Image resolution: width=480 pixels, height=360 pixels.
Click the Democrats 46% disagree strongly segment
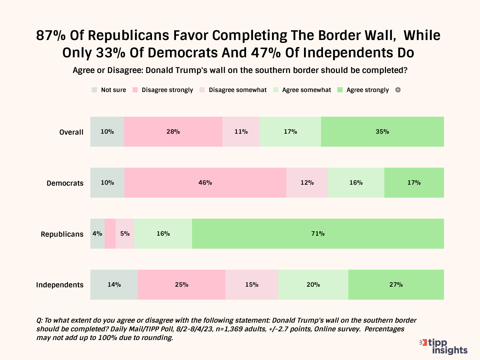pyautogui.click(x=205, y=183)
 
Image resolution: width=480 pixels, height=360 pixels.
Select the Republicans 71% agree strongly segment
pyautogui.click(x=318, y=234)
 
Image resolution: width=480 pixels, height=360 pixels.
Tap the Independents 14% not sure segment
pyautogui.click(x=114, y=285)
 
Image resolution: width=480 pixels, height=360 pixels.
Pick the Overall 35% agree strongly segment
pyautogui.click(x=382, y=132)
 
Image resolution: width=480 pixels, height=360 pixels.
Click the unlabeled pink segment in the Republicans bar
pyautogui.click(x=110, y=234)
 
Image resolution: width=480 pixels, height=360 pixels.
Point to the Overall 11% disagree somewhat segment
pyautogui.click(x=241, y=132)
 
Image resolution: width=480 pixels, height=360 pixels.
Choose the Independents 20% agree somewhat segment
pyautogui.click(x=313, y=285)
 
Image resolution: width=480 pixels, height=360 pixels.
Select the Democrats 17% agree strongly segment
pyautogui.click(x=414, y=183)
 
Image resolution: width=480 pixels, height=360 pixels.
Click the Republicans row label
pyautogui.click(x=62, y=234)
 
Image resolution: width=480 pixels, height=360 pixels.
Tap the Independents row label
pyautogui.click(x=60, y=285)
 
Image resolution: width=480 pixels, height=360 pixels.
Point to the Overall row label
pyautogui.click(x=71, y=132)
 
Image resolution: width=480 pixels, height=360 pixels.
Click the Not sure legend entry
pyautogui.click(x=109, y=90)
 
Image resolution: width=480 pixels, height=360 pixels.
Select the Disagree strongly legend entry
pyautogui.click(x=163, y=90)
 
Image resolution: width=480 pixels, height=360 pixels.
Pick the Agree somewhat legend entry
pyautogui.click(x=302, y=90)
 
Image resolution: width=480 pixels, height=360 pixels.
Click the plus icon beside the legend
pyautogui.click(x=398, y=90)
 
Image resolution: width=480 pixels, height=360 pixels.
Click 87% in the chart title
pyautogui.click(x=51, y=35)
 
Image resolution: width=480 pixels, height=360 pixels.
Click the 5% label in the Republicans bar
pyautogui.click(x=125, y=234)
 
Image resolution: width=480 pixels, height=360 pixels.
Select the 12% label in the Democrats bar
pyautogui.click(x=307, y=183)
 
